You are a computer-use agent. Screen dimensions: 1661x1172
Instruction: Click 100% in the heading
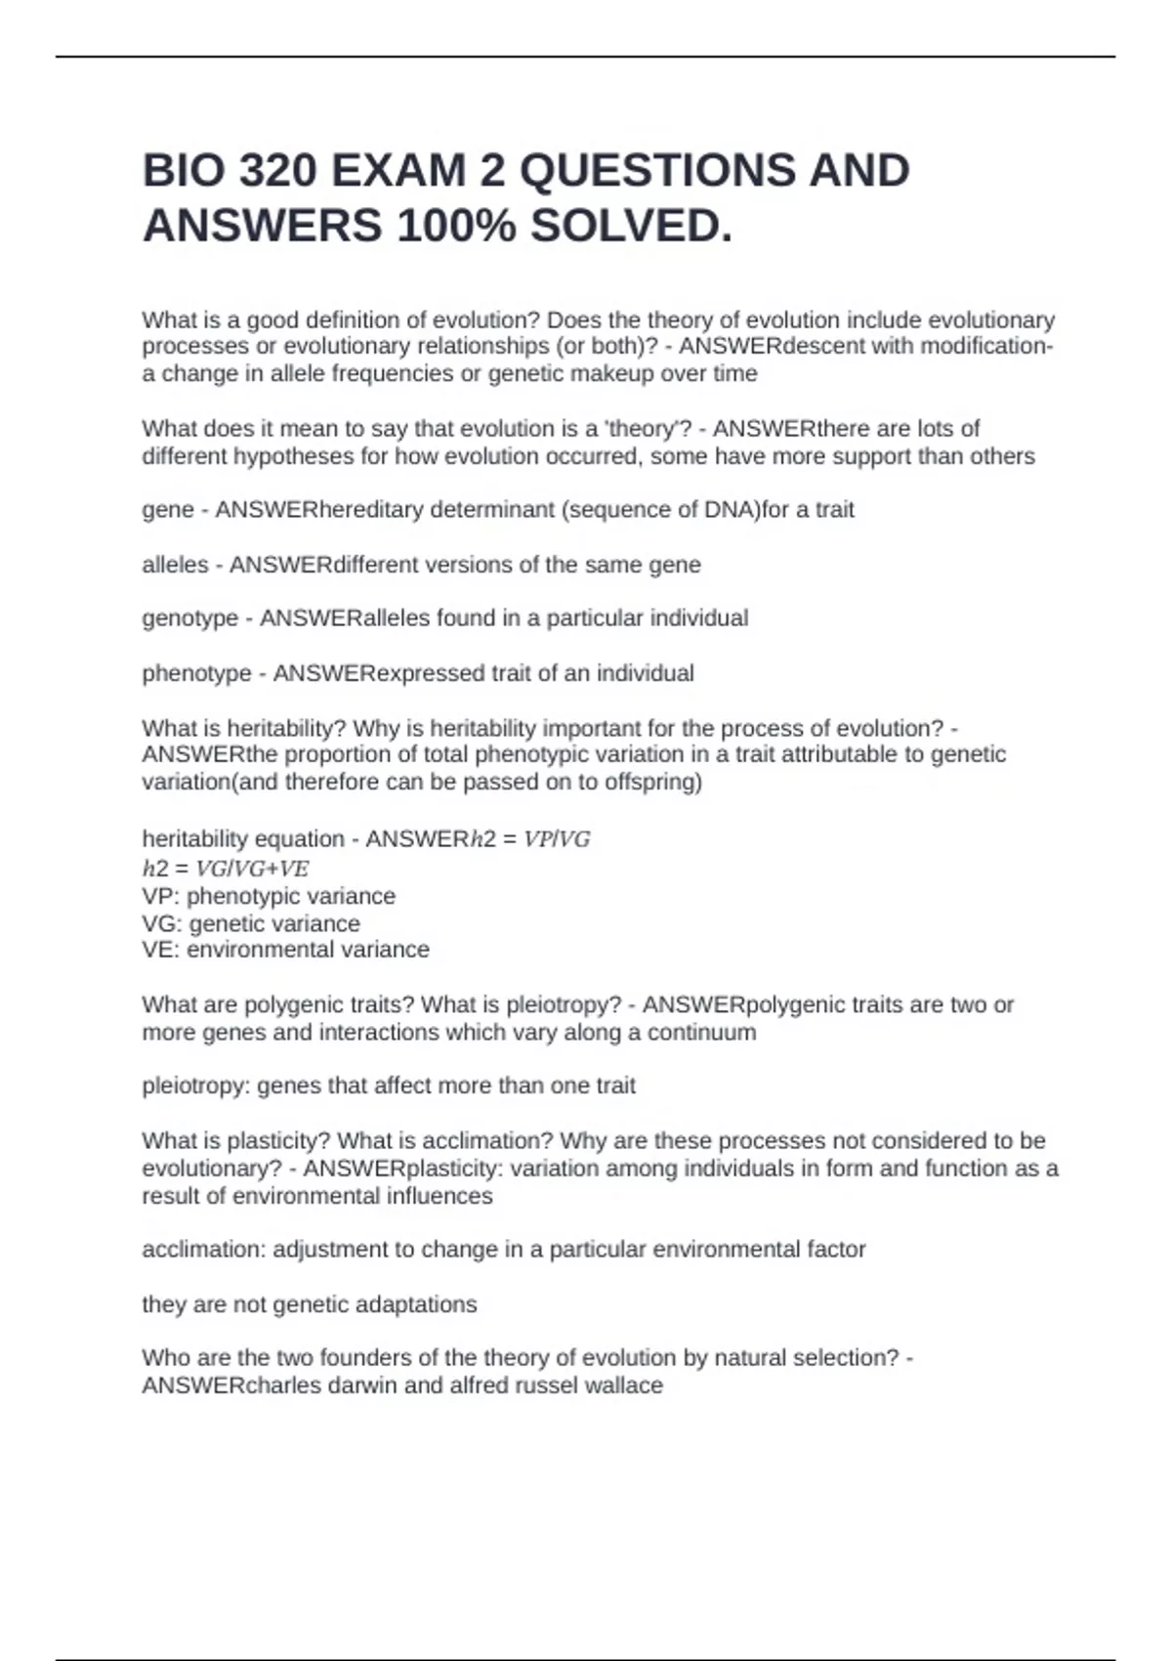coord(457,227)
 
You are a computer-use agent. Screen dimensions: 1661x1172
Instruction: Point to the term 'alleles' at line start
coord(176,565)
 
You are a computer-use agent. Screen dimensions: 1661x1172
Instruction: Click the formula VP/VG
coord(557,839)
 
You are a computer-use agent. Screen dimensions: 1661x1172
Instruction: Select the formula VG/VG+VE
coord(252,869)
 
